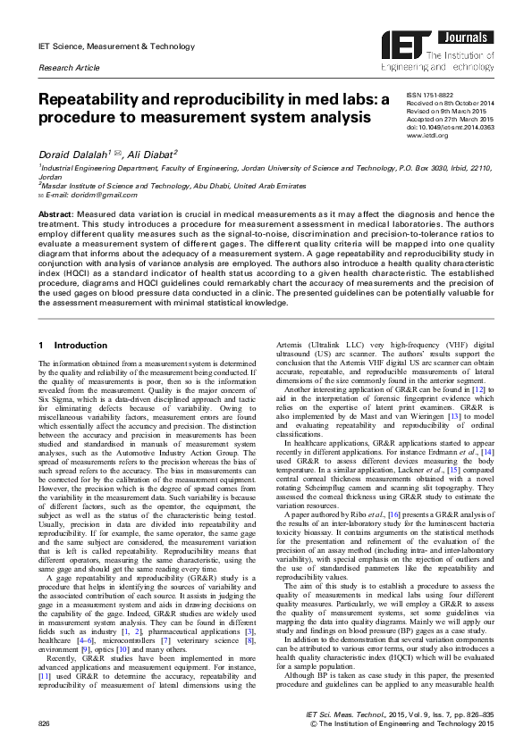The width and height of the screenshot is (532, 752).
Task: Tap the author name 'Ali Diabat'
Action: pos(152,154)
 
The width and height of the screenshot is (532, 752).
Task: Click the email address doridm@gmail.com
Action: pos(85,194)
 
